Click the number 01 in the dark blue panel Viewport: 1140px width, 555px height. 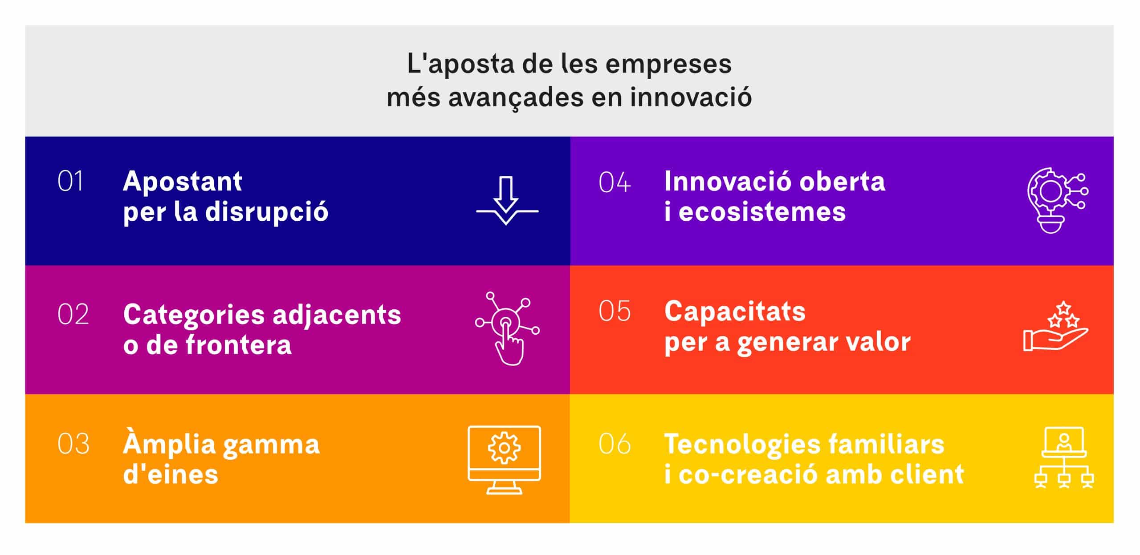(x=70, y=182)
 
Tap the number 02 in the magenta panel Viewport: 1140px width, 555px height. (x=73, y=315)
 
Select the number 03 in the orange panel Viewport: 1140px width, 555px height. (x=73, y=444)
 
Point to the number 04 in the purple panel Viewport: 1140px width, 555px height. (x=615, y=182)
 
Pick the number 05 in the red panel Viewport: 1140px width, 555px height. (x=615, y=311)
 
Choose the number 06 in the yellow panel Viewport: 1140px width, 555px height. (x=615, y=443)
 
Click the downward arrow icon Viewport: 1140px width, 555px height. (x=507, y=201)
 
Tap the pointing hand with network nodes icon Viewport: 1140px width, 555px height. (x=507, y=328)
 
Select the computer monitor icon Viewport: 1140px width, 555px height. (x=504, y=460)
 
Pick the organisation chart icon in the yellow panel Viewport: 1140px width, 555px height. (x=1064, y=458)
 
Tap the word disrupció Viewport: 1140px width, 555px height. (x=267, y=211)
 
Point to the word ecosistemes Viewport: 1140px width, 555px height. (x=762, y=211)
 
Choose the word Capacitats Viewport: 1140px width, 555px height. (x=735, y=311)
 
